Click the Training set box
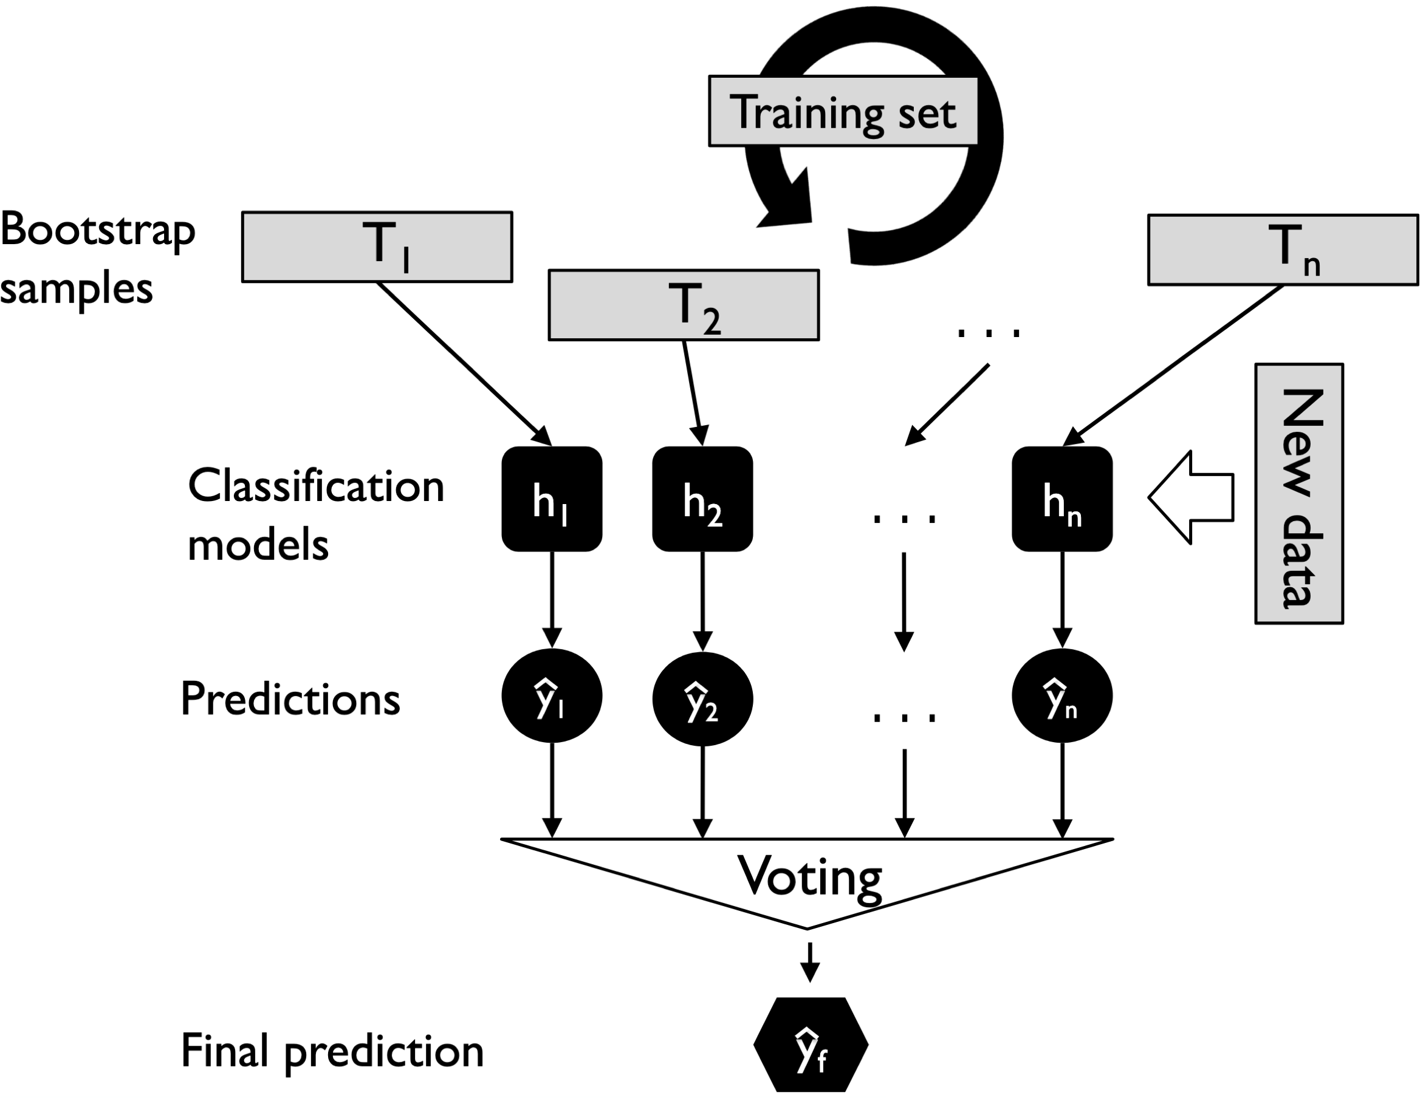click(843, 112)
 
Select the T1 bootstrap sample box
click(377, 247)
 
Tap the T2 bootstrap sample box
click(684, 305)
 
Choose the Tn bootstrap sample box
click(1282, 250)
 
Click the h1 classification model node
click(551, 499)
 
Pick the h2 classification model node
click(702, 499)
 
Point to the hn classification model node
click(1061, 499)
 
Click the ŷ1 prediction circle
click(551, 697)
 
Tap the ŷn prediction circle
click(1061, 697)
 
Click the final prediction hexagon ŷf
click(811, 1045)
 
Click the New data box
click(1298, 494)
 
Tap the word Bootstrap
click(98, 231)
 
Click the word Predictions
click(290, 700)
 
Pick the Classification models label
click(315, 514)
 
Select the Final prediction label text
click(332, 1051)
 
